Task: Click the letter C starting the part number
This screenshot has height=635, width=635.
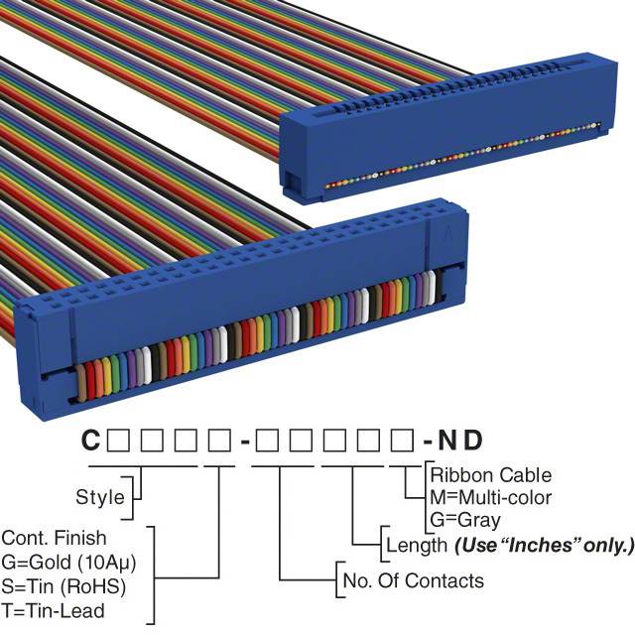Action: click(90, 440)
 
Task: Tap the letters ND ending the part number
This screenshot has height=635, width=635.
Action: click(460, 441)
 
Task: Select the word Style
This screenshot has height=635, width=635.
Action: click(100, 497)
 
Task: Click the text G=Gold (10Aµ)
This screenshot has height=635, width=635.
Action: click(68, 563)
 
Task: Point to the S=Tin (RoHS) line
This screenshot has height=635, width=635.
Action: click(63, 586)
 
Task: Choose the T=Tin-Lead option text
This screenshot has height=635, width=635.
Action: click(53, 611)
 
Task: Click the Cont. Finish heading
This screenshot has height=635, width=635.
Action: click(54, 538)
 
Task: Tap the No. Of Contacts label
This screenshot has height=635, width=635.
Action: click(413, 580)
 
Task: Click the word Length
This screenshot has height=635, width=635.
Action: click(417, 545)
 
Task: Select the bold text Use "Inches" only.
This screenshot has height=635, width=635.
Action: click(544, 545)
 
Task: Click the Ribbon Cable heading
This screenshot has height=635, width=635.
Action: click(491, 475)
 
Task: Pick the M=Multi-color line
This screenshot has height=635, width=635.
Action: click(490, 497)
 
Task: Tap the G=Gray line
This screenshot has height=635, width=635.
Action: click(465, 520)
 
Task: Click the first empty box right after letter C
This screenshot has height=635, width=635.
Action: click(118, 441)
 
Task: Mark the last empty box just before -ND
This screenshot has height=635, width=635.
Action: click(402, 441)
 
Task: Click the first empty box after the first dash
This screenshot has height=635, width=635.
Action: click(267, 441)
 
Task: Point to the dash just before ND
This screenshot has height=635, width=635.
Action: click(428, 442)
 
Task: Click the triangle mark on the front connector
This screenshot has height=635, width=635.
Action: click(447, 234)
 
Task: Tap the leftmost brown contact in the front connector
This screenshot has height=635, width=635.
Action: click(81, 383)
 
